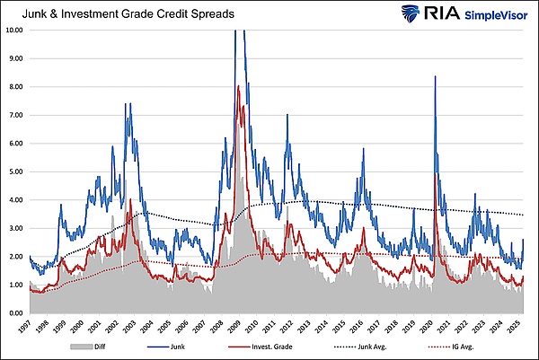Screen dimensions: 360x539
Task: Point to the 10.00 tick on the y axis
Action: click(x=14, y=30)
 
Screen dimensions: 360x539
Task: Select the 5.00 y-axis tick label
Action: click(x=14, y=171)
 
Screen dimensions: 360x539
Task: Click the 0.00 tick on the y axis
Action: click(x=14, y=313)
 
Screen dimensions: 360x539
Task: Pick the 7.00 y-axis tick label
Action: click(x=14, y=115)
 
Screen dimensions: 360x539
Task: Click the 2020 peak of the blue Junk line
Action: click(x=435, y=76)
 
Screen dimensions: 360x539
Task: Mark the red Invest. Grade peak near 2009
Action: click(x=238, y=86)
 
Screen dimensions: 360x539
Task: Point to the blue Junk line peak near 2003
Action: click(x=130, y=104)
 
